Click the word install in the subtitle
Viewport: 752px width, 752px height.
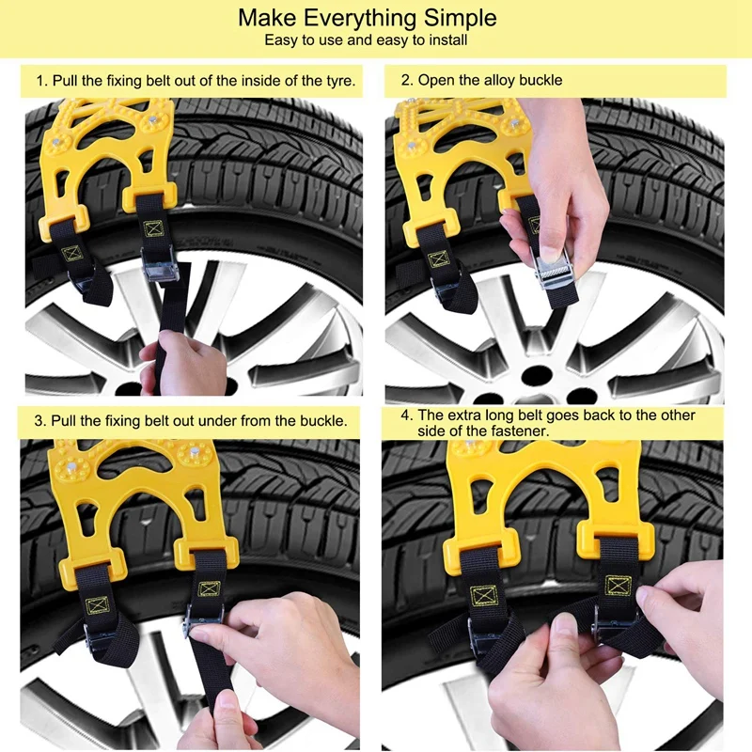[445, 40]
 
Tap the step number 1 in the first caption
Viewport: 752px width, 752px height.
[40, 81]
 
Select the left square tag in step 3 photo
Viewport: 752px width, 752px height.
[97, 606]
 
